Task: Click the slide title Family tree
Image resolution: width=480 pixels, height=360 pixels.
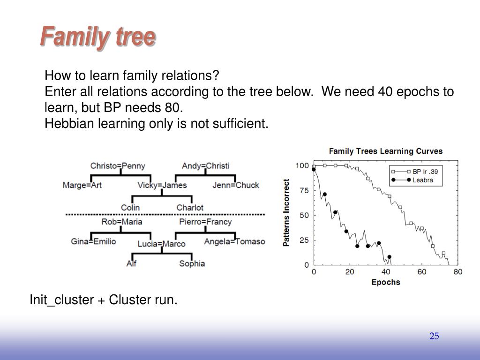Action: pos(98,37)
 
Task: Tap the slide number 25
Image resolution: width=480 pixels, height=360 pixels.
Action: pos(434,336)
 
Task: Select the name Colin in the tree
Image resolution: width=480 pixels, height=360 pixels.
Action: pos(130,208)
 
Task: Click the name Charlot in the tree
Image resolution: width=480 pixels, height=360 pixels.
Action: pos(190,208)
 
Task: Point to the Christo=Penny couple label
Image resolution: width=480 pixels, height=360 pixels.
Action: pos(118,166)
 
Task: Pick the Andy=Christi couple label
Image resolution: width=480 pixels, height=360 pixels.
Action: pos(205,166)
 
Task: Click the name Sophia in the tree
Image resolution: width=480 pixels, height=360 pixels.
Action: pos(192,263)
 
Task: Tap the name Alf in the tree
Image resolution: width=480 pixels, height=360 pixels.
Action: pos(131,263)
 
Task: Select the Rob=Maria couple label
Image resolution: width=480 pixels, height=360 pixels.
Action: pos(122,222)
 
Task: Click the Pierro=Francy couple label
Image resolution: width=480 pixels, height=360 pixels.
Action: pos(205,222)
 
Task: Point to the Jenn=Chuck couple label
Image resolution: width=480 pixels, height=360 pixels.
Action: pos(236,185)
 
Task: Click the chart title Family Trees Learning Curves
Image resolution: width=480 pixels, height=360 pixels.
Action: pos(386,151)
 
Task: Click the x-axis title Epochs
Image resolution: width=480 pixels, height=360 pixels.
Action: pos(386,282)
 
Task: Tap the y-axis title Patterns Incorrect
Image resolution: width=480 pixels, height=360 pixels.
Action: pos(286,213)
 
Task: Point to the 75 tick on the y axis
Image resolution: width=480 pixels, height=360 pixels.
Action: pos(304,190)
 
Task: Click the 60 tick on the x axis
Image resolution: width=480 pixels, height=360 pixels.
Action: pos(422,272)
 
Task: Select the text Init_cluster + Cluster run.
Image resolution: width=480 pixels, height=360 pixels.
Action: pos(104,300)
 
